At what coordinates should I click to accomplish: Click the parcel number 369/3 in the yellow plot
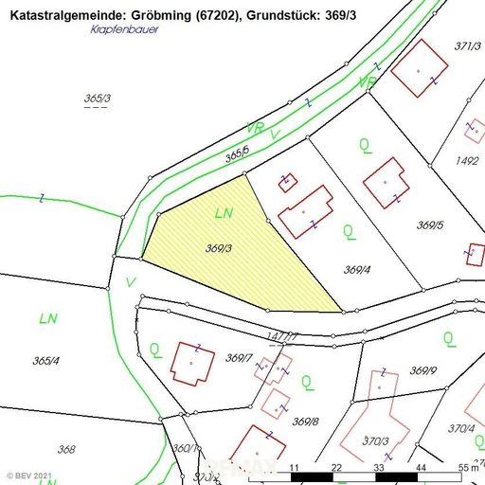pyautogui.click(x=219, y=248)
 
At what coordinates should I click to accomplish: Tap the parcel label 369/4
pyautogui.click(x=356, y=270)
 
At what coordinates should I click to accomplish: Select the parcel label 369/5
pyautogui.click(x=430, y=225)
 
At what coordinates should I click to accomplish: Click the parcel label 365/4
pyautogui.click(x=45, y=360)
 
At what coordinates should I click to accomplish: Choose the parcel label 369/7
pyautogui.click(x=239, y=358)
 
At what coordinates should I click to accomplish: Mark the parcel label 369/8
pyautogui.click(x=305, y=422)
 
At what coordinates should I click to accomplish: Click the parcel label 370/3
pyautogui.click(x=374, y=440)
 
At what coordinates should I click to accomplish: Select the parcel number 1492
pyautogui.click(x=467, y=161)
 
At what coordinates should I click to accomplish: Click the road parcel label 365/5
pyautogui.click(x=237, y=153)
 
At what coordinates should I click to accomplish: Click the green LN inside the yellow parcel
pyautogui.click(x=225, y=213)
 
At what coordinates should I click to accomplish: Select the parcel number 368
pyautogui.click(x=66, y=450)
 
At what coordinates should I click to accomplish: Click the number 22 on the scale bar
pyautogui.click(x=336, y=468)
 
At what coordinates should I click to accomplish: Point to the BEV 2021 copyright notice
pyautogui.click(x=31, y=474)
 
